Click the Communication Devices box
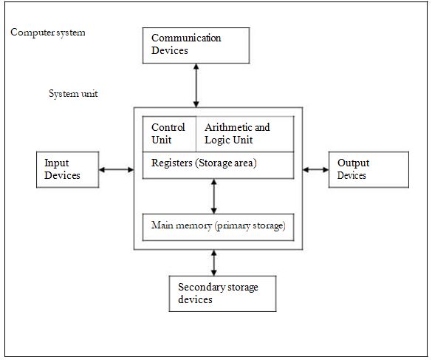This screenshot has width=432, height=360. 196,45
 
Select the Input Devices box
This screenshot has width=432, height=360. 68,169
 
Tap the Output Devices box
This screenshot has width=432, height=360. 368,169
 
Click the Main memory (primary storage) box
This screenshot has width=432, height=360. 217,226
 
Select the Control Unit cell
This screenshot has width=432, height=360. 168,134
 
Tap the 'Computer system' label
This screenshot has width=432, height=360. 48,33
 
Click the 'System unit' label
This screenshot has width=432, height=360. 73,94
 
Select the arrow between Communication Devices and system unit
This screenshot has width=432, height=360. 196,85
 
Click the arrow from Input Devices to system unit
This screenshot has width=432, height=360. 116,170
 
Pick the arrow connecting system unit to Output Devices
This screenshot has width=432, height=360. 315,170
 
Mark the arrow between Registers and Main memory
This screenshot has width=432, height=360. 214,196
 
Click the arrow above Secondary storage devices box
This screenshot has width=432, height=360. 214,262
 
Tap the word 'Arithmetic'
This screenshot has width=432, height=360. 227,127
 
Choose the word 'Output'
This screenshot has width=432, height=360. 353,163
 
